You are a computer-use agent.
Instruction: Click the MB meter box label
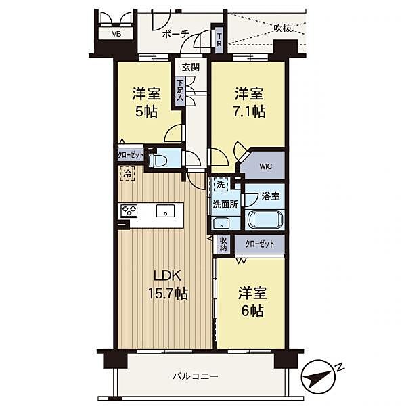(x=116, y=34)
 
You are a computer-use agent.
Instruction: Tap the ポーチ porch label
(x=176, y=34)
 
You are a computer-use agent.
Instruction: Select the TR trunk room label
(x=219, y=40)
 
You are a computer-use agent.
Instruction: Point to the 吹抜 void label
(x=282, y=28)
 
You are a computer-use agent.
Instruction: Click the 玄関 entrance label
(x=191, y=67)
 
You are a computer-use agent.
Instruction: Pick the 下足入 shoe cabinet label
(x=180, y=90)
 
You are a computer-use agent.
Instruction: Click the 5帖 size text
(x=147, y=112)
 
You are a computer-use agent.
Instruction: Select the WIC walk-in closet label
(x=266, y=166)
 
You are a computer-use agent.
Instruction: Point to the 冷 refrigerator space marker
(x=127, y=173)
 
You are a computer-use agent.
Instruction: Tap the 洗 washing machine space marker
(x=221, y=185)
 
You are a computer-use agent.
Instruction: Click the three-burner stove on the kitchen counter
(x=129, y=210)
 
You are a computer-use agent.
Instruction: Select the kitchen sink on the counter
(x=166, y=210)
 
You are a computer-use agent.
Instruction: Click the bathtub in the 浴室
(x=265, y=220)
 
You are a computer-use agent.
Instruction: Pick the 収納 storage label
(x=223, y=244)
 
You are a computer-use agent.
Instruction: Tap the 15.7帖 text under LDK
(x=168, y=294)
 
